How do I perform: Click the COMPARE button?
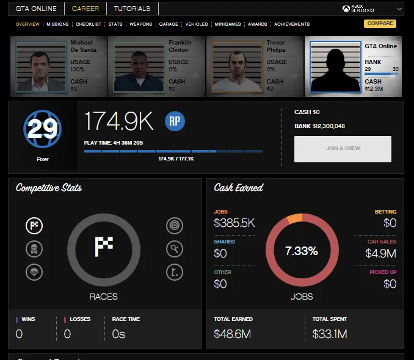380,24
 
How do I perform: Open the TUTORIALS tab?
132,9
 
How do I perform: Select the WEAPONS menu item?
140,24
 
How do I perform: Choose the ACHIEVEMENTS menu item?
292,24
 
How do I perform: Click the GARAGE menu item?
169,24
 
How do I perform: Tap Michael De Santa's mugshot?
41,67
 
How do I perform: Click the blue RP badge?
175,121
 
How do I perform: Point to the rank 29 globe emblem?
42,129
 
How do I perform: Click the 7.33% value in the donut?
302,250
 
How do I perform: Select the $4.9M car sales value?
380,253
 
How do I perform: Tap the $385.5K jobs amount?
234,223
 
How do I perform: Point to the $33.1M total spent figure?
330,334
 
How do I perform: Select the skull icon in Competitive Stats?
34,249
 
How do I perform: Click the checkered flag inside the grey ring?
104,247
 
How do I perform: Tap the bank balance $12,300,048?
329,126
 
